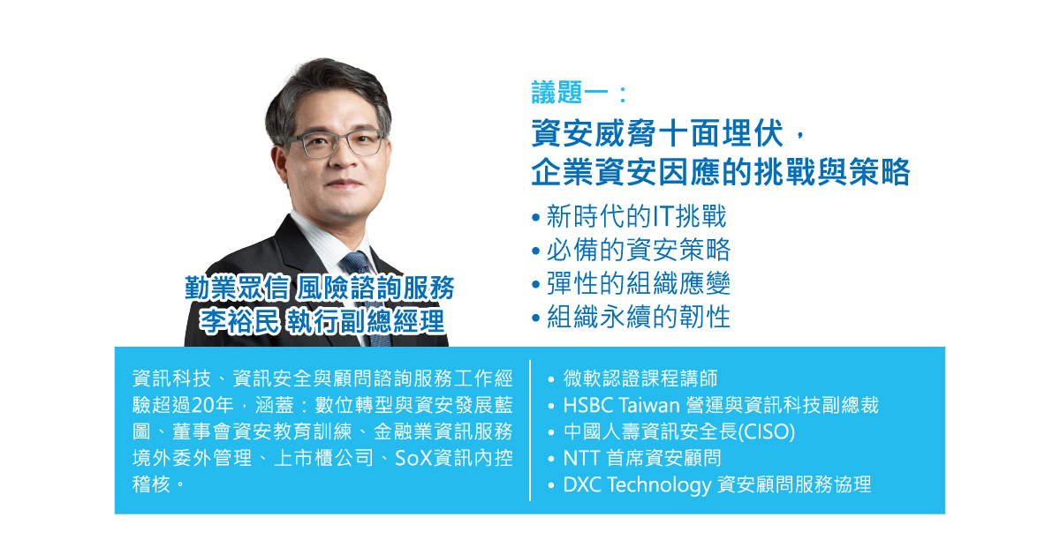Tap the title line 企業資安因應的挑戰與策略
point(720,172)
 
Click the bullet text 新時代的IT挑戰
point(636,217)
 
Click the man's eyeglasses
point(341,143)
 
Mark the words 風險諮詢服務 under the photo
point(376,288)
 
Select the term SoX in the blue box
point(413,459)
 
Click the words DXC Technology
point(637,485)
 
